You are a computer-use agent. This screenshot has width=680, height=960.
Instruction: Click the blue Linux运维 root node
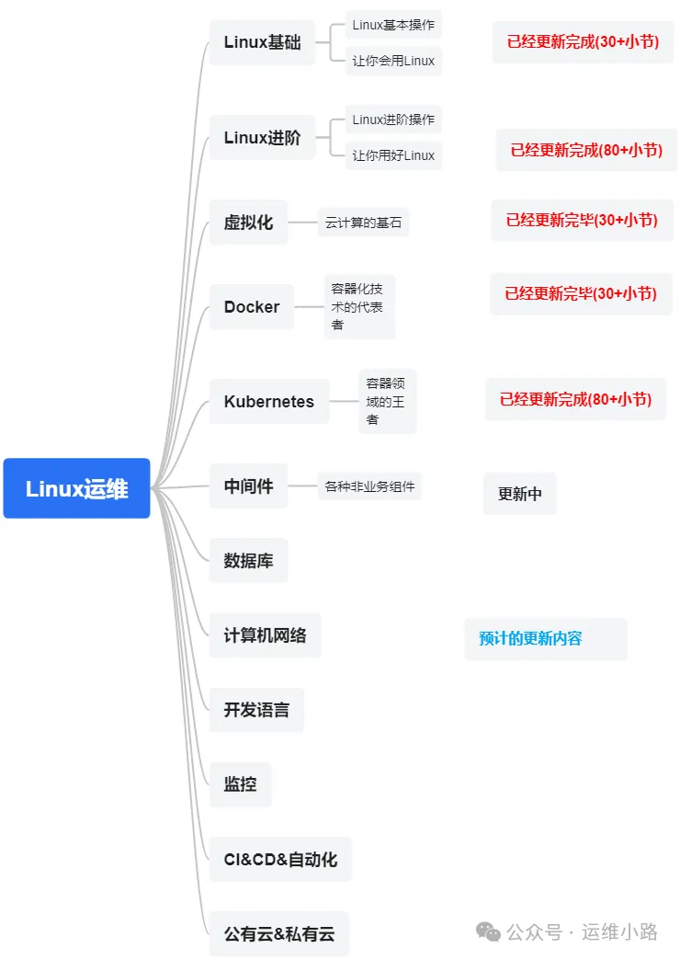[76, 488]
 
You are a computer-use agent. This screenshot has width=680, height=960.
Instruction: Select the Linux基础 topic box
[262, 42]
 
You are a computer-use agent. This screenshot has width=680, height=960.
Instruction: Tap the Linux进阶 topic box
[262, 138]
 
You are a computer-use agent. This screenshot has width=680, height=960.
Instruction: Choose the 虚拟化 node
[248, 223]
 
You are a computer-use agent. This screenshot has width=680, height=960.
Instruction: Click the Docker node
[252, 307]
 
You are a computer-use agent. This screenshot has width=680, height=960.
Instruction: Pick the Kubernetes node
[268, 402]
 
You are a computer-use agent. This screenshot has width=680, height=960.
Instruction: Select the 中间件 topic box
[248, 486]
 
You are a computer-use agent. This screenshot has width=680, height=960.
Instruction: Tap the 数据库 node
[248, 560]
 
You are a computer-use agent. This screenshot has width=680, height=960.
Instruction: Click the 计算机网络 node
[265, 634]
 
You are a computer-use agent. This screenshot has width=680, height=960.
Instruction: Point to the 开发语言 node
[256, 710]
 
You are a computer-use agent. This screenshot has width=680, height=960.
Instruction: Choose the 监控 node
[240, 784]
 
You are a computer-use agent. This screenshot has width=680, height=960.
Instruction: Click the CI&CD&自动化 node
[280, 860]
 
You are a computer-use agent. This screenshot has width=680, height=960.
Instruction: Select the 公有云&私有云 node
[279, 934]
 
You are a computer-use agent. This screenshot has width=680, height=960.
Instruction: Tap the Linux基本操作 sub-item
[393, 25]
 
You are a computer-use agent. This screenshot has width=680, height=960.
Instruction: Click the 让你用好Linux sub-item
[393, 155]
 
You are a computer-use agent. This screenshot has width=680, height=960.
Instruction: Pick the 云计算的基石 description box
[363, 223]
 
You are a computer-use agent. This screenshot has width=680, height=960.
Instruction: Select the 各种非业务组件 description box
[369, 486]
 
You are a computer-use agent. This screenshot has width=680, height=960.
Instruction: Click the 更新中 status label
[520, 494]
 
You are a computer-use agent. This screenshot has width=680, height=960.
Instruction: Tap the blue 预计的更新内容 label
[531, 638]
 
